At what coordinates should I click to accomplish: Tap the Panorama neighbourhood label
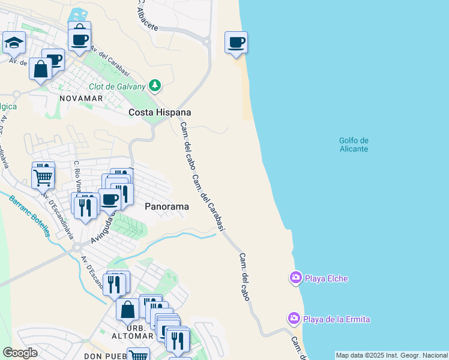(x=167, y=206)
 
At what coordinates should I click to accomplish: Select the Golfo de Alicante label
(x=354, y=145)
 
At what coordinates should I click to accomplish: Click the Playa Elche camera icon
(x=295, y=278)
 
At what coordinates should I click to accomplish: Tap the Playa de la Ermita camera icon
(x=294, y=318)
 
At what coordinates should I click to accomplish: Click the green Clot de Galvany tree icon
(x=155, y=86)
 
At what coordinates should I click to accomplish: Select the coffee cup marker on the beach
(x=237, y=43)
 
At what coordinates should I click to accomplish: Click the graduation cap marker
(x=13, y=43)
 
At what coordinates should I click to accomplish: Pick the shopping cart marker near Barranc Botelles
(x=43, y=176)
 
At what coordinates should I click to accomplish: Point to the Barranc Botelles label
(x=29, y=215)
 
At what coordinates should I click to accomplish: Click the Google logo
(x=20, y=352)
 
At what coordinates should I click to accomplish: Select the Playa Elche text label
(x=326, y=278)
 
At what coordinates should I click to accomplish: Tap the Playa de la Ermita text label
(x=336, y=319)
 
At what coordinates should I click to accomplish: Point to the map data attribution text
(x=391, y=355)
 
